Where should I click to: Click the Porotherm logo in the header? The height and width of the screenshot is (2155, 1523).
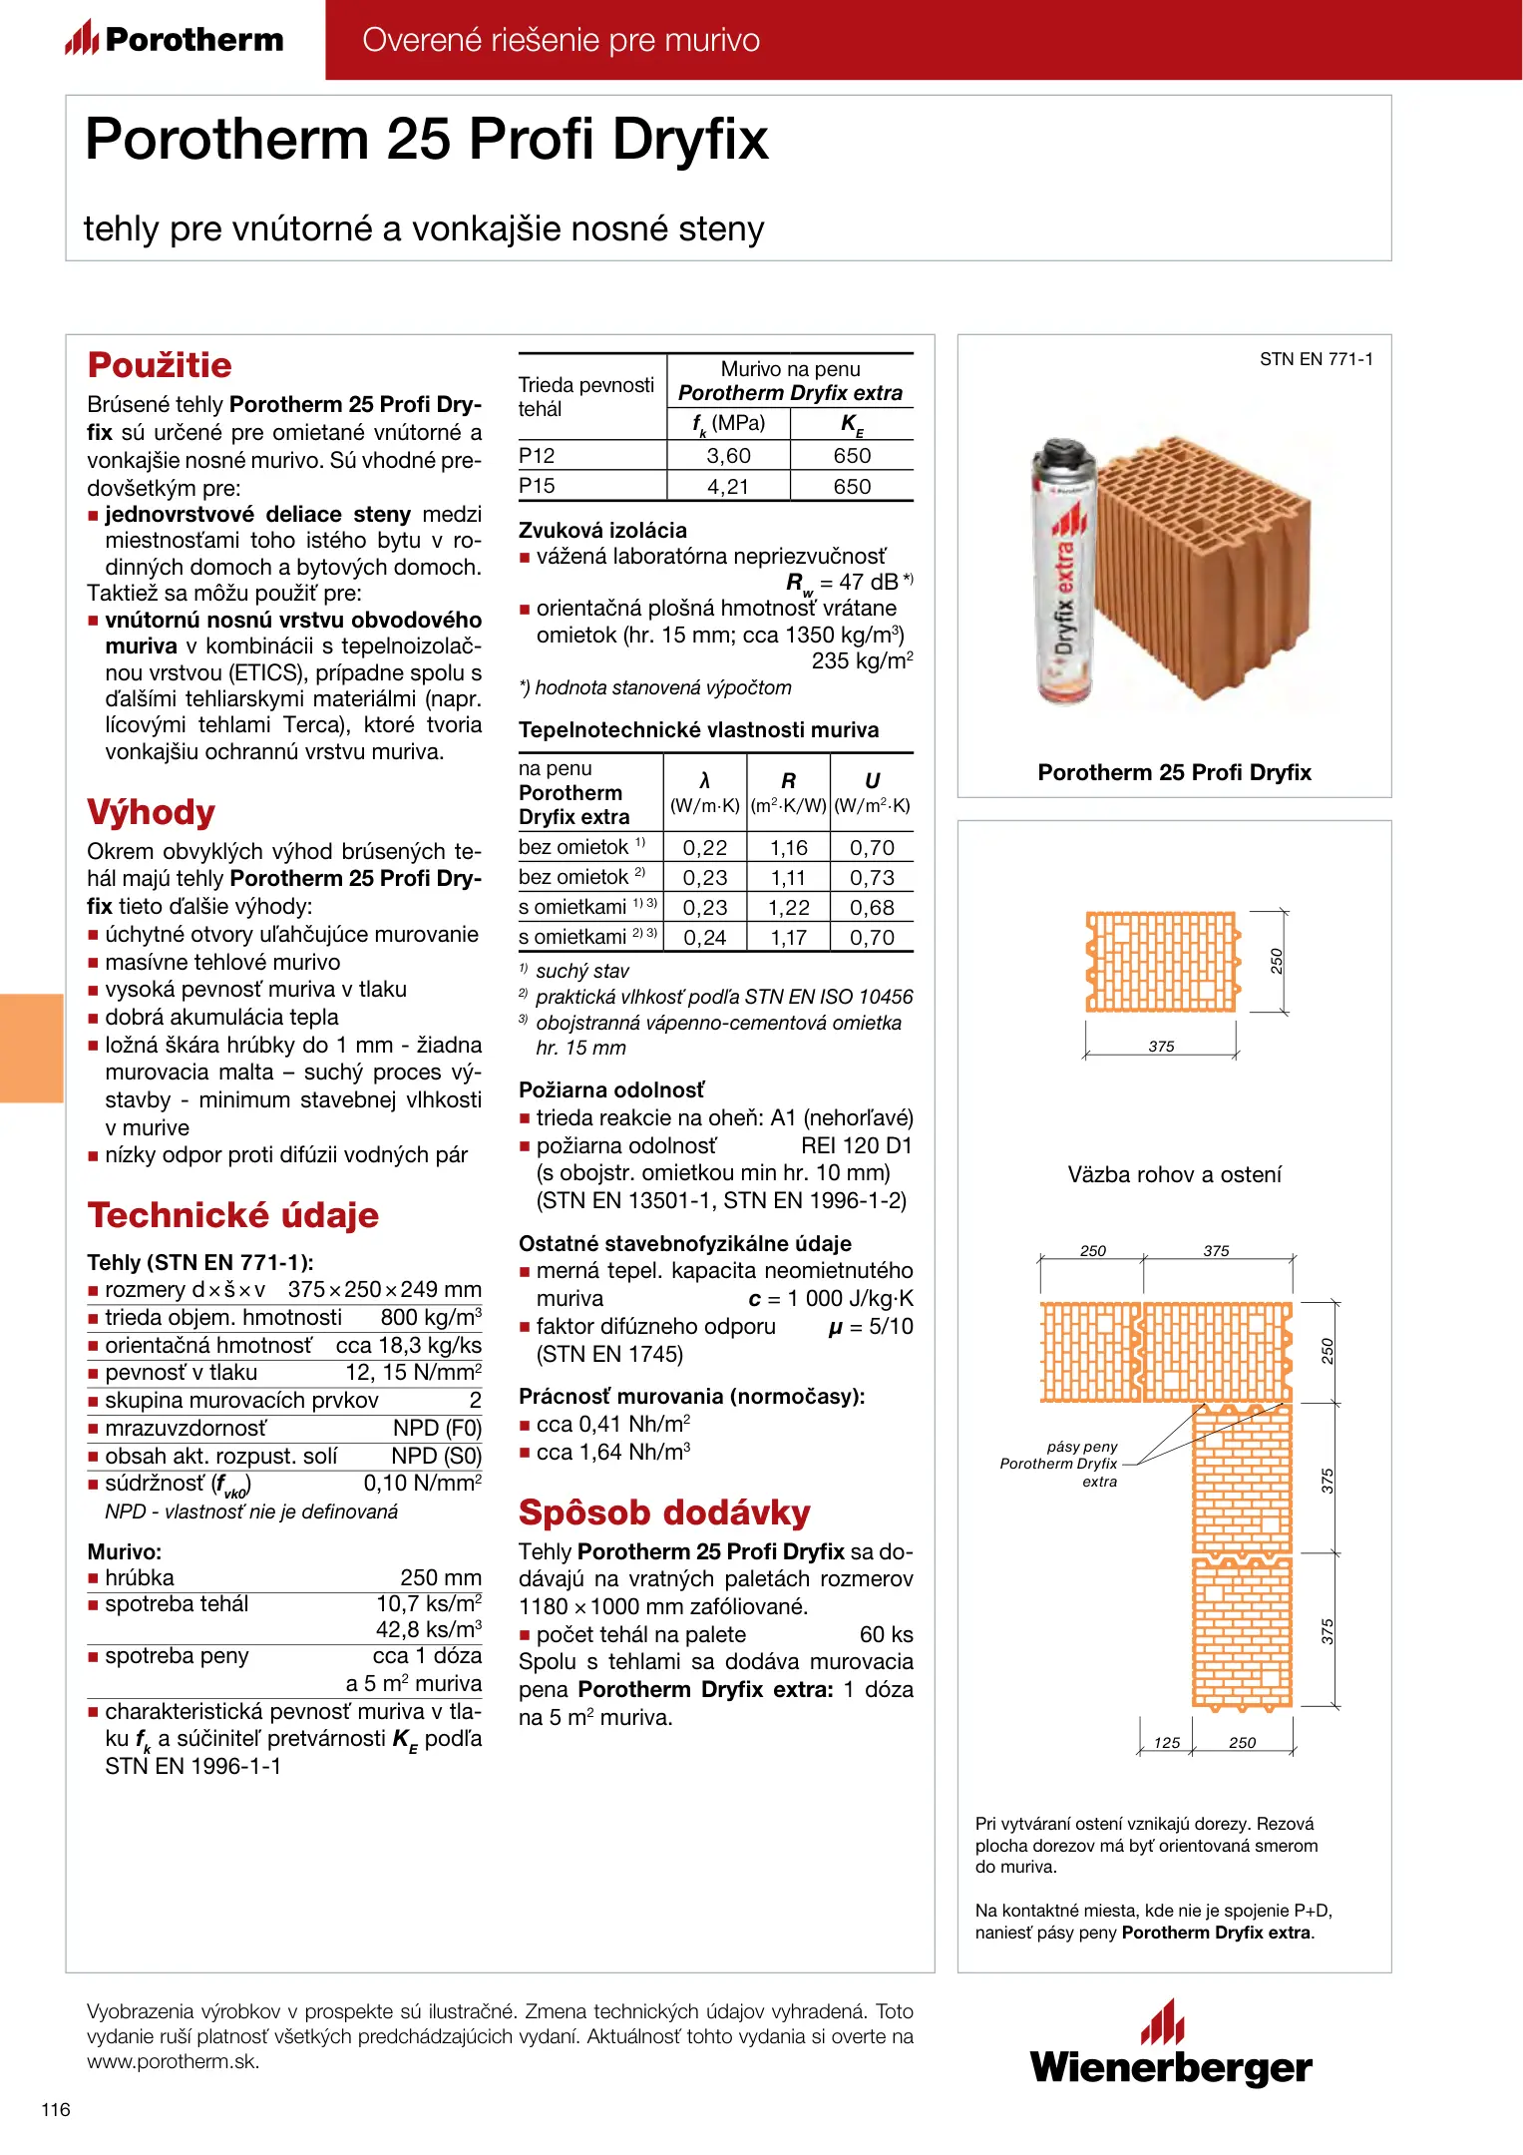click(x=175, y=39)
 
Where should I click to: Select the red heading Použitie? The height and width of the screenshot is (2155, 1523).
click(x=160, y=365)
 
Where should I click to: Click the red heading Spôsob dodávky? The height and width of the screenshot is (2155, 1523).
click(x=664, y=1512)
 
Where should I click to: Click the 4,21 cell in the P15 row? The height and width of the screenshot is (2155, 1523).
click(x=727, y=487)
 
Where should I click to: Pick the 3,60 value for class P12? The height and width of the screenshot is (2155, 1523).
click(x=728, y=456)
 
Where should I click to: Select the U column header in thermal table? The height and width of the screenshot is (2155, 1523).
click(x=872, y=781)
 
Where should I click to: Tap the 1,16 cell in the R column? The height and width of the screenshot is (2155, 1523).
click(x=788, y=848)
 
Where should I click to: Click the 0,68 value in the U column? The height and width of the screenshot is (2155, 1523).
click(x=872, y=908)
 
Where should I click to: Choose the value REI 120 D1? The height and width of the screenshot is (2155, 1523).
click(x=857, y=1146)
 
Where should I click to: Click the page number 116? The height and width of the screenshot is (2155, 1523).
click(x=56, y=2109)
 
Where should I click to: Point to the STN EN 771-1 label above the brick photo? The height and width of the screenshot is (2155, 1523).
click(x=1316, y=359)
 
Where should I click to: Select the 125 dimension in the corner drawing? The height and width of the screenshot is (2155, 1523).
click(x=1167, y=1743)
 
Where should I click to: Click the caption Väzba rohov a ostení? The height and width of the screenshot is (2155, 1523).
click(x=1174, y=1174)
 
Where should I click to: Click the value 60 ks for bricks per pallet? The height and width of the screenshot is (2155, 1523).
click(x=886, y=1635)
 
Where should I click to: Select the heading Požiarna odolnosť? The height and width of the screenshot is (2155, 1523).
click(x=611, y=1090)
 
